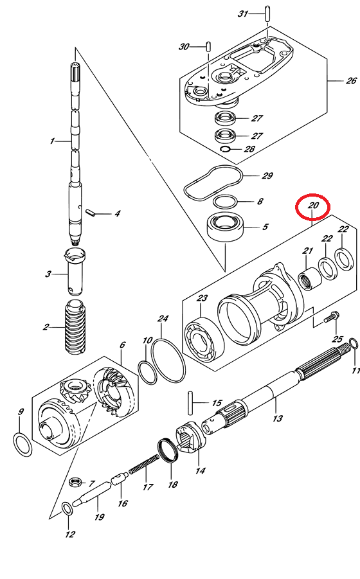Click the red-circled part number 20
(312, 205)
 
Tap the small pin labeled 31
(265, 13)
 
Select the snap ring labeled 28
(225, 149)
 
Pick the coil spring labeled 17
(144, 464)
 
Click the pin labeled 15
(190, 403)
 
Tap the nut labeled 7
(75, 481)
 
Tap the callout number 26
(351, 80)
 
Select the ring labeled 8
(225, 202)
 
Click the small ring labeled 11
(354, 344)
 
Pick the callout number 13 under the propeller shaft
(278, 418)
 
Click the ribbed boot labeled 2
(76, 328)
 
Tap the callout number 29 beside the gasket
(267, 176)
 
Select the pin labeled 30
(208, 47)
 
